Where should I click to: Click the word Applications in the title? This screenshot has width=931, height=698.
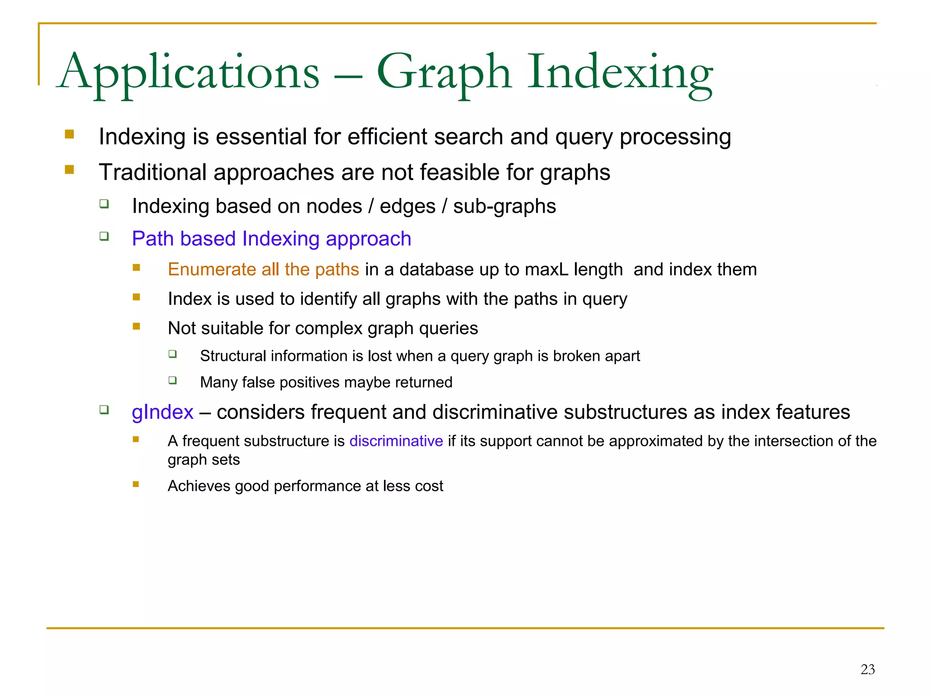click(x=189, y=73)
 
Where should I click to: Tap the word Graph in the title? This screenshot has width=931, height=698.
click(x=444, y=73)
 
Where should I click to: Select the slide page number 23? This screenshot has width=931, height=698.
click(x=867, y=669)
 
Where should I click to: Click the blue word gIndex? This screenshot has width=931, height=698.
click(x=162, y=412)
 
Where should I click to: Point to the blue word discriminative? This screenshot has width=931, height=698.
click(x=396, y=441)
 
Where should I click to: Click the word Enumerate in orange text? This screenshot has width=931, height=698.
click(x=212, y=269)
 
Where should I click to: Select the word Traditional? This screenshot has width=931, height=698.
click(x=153, y=172)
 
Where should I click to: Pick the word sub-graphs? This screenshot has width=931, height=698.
click(x=505, y=206)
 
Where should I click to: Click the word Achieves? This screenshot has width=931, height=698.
click(x=199, y=486)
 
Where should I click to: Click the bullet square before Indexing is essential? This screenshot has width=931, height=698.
click(x=69, y=134)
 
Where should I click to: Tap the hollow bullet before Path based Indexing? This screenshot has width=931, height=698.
click(x=104, y=236)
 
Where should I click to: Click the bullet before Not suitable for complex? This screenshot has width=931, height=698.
click(x=136, y=326)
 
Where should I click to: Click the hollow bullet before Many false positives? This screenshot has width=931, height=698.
click(x=172, y=380)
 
